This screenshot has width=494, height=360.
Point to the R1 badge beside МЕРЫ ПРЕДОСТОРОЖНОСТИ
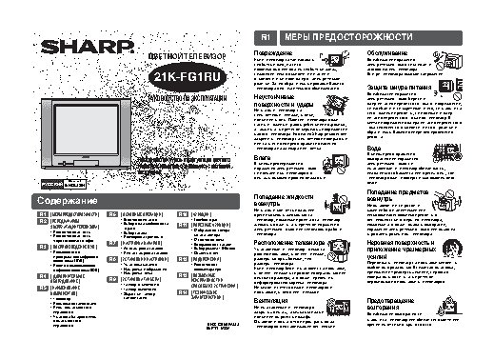(267, 36)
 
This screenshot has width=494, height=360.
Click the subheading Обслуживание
(387, 52)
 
